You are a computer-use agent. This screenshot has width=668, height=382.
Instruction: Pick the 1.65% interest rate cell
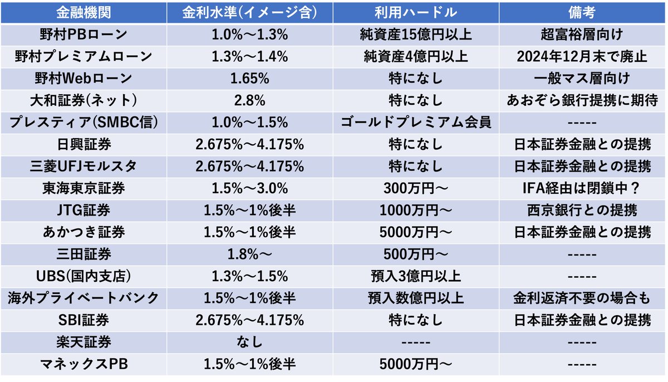[249, 78]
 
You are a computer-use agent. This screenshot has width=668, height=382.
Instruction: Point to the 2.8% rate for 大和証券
[249, 100]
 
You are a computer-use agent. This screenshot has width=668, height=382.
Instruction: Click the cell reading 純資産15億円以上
[416, 35]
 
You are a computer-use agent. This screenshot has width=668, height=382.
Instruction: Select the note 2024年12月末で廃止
[582, 56]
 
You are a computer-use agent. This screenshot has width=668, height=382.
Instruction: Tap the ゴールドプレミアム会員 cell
[416, 122]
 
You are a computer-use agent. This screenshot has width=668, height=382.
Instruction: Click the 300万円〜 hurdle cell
[416, 188]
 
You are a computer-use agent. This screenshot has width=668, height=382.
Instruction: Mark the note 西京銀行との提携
[582, 210]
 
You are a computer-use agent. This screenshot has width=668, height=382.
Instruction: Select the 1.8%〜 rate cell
[249, 254]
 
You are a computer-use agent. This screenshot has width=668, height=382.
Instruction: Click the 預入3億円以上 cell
[416, 276]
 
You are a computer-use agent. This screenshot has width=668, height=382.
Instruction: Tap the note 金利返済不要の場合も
[582, 298]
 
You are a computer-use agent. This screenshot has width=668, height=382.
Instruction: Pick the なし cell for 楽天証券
[249, 342]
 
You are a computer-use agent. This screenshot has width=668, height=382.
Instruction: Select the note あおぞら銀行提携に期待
[582, 100]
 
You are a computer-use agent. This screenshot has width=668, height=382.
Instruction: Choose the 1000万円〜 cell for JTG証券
[416, 210]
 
